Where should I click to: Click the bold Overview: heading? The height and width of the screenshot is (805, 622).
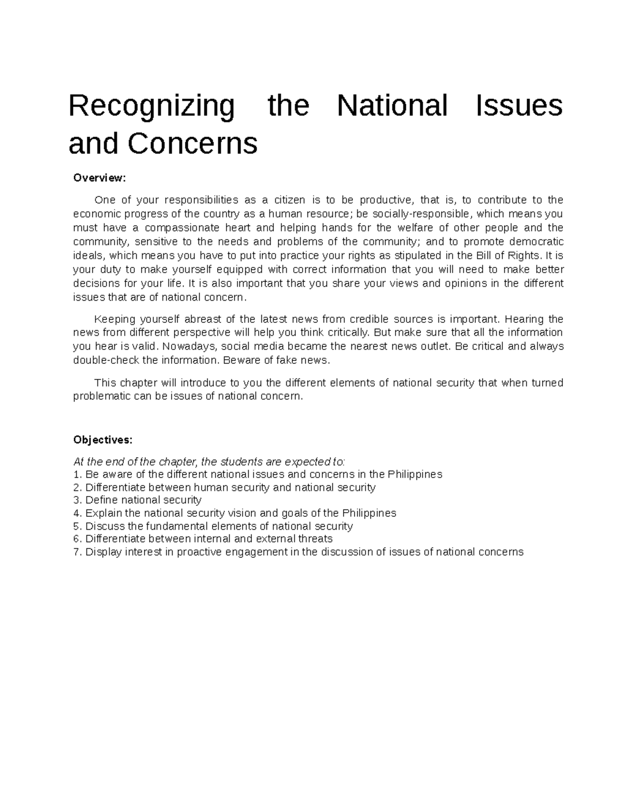pyautogui.click(x=100, y=178)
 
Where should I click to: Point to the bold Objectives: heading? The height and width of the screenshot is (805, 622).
pyautogui.click(x=103, y=440)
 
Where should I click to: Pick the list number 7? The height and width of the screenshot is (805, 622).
pyautogui.click(x=77, y=552)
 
